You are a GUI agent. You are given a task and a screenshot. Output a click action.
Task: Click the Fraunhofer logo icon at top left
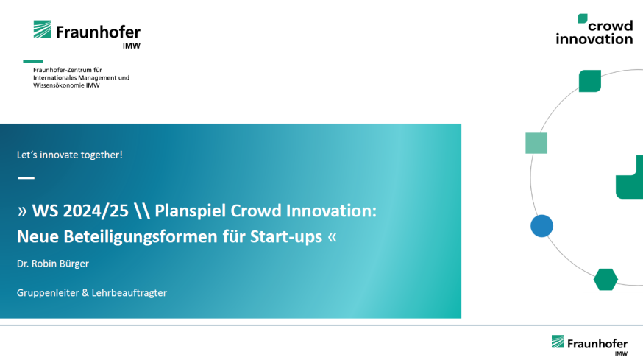[42, 29]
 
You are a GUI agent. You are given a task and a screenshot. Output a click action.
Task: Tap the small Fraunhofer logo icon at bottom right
[558, 342]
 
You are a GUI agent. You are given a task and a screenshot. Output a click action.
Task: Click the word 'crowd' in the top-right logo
[611, 26]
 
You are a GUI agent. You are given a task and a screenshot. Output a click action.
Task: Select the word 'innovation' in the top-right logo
[594, 39]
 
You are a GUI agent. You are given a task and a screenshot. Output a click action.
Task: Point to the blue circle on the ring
[541, 226]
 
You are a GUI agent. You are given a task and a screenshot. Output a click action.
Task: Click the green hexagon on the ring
[605, 280]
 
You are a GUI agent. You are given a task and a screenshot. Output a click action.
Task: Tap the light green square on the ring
[536, 143]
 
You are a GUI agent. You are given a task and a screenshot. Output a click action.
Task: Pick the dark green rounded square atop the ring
[590, 81]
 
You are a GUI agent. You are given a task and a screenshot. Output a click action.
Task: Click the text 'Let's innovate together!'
[70, 155]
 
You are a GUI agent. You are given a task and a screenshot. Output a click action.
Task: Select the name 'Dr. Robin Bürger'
[53, 264]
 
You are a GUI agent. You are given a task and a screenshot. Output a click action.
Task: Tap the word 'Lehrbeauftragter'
[129, 293]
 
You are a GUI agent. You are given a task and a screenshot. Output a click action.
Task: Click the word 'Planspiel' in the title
[190, 211]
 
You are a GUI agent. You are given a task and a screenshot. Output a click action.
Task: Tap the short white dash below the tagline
[26, 177]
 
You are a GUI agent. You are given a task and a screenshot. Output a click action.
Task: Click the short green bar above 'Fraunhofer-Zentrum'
[33, 61]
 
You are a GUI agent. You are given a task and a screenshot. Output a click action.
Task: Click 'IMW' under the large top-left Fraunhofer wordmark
[132, 46]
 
